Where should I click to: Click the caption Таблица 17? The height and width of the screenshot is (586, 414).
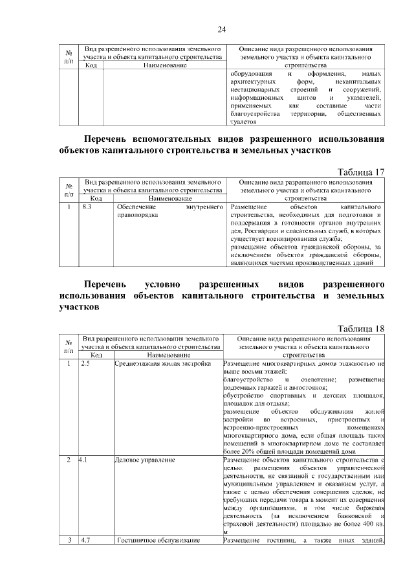pyautogui.click(x=362, y=172)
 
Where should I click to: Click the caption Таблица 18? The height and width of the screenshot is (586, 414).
pyautogui.click(x=362, y=328)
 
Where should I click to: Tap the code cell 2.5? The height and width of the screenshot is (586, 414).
pyautogui.click(x=85, y=364)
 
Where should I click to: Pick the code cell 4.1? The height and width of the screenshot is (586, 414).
pyautogui.click(x=83, y=460)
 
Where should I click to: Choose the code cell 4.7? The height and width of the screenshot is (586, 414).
pyautogui.click(x=84, y=540)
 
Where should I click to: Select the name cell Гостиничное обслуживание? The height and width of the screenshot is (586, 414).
pyautogui.click(x=158, y=540)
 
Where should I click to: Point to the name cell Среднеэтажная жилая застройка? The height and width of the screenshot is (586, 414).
pyautogui.click(x=162, y=364)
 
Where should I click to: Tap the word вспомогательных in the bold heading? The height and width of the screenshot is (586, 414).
pyautogui.click(x=171, y=139)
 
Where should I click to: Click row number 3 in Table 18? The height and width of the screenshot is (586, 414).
pyautogui.click(x=69, y=540)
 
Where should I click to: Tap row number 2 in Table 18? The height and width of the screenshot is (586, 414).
pyautogui.click(x=69, y=460)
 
